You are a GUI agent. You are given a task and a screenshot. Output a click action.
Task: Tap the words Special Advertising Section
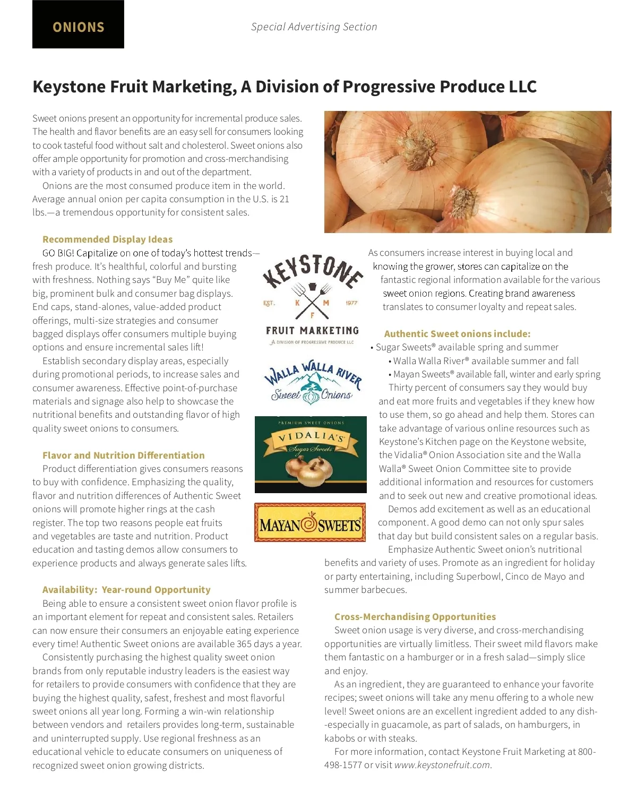coord(314,27)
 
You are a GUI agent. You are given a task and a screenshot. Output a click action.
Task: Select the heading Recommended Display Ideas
coord(107,239)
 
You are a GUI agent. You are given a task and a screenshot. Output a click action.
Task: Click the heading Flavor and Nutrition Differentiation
coord(123,455)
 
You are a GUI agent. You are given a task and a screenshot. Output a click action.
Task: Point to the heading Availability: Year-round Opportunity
coord(126,590)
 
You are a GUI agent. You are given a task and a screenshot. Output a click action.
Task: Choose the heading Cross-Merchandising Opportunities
coord(415,617)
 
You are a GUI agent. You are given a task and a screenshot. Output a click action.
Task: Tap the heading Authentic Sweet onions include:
coord(457,334)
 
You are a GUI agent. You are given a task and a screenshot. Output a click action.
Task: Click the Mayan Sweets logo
coord(310,523)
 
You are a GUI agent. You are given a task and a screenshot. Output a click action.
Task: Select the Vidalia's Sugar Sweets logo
coord(311,454)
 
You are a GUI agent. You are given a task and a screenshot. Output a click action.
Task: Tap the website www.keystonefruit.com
coord(442,765)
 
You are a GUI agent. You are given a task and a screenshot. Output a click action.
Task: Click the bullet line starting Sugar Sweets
coord(467,347)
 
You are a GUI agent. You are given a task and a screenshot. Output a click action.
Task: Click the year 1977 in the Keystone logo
coord(351,303)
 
